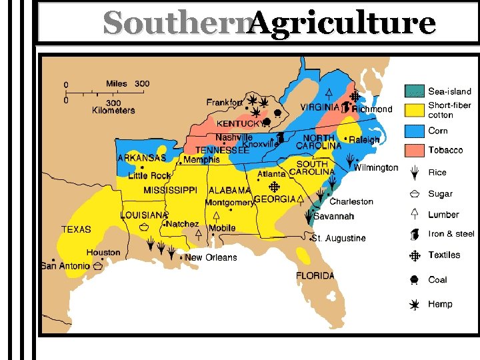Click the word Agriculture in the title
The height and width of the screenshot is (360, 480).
point(343,23)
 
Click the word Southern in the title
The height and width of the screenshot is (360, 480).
point(176,23)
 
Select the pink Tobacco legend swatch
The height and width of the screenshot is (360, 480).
point(414,150)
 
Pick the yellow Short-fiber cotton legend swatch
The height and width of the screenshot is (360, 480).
point(414,109)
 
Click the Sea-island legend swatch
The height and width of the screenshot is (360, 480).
point(414,91)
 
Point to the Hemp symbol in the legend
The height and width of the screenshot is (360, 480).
point(414,304)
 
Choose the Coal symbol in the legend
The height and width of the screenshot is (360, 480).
point(414,280)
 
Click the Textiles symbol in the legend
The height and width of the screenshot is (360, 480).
point(414,255)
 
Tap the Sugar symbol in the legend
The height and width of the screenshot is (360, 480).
point(414,194)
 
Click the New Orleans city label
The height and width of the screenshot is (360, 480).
point(211,257)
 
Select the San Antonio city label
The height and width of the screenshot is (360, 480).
point(65,266)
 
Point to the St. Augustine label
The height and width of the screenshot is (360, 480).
point(339,238)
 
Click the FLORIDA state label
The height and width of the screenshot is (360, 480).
point(315,276)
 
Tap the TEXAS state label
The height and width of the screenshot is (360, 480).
point(76,229)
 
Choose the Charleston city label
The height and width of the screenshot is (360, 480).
point(351,201)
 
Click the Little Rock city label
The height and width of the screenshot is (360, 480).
point(149,175)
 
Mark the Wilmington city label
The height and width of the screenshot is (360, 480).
point(376,168)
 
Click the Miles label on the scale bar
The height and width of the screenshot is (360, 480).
point(117,84)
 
